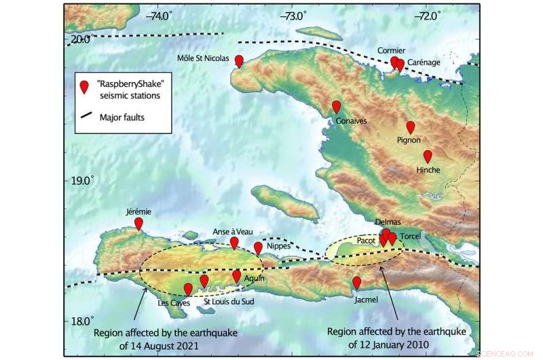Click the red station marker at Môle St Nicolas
click(239, 62)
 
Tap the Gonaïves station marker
click(336, 107)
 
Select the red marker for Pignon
click(410, 127)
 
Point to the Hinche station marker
click(428, 156)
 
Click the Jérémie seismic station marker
click(138, 223)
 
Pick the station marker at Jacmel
click(356, 283)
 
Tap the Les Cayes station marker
click(188, 289)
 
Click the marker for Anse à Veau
click(234, 242)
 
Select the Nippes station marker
click(258, 249)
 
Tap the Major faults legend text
click(122, 118)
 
